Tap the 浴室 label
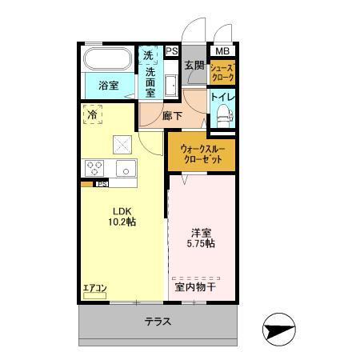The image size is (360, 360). [x=109, y=86]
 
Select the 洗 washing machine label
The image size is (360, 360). [x=149, y=55]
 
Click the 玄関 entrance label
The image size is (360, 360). [x=194, y=66]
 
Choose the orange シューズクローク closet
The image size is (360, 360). [x=222, y=73]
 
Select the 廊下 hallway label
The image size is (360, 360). [x=172, y=116]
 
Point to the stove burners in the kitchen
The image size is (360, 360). [x=93, y=167]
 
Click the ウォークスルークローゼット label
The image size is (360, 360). [x=202, y=154]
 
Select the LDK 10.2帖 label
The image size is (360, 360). [x=122, y=217]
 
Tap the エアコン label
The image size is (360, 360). [x=94, y=287]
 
